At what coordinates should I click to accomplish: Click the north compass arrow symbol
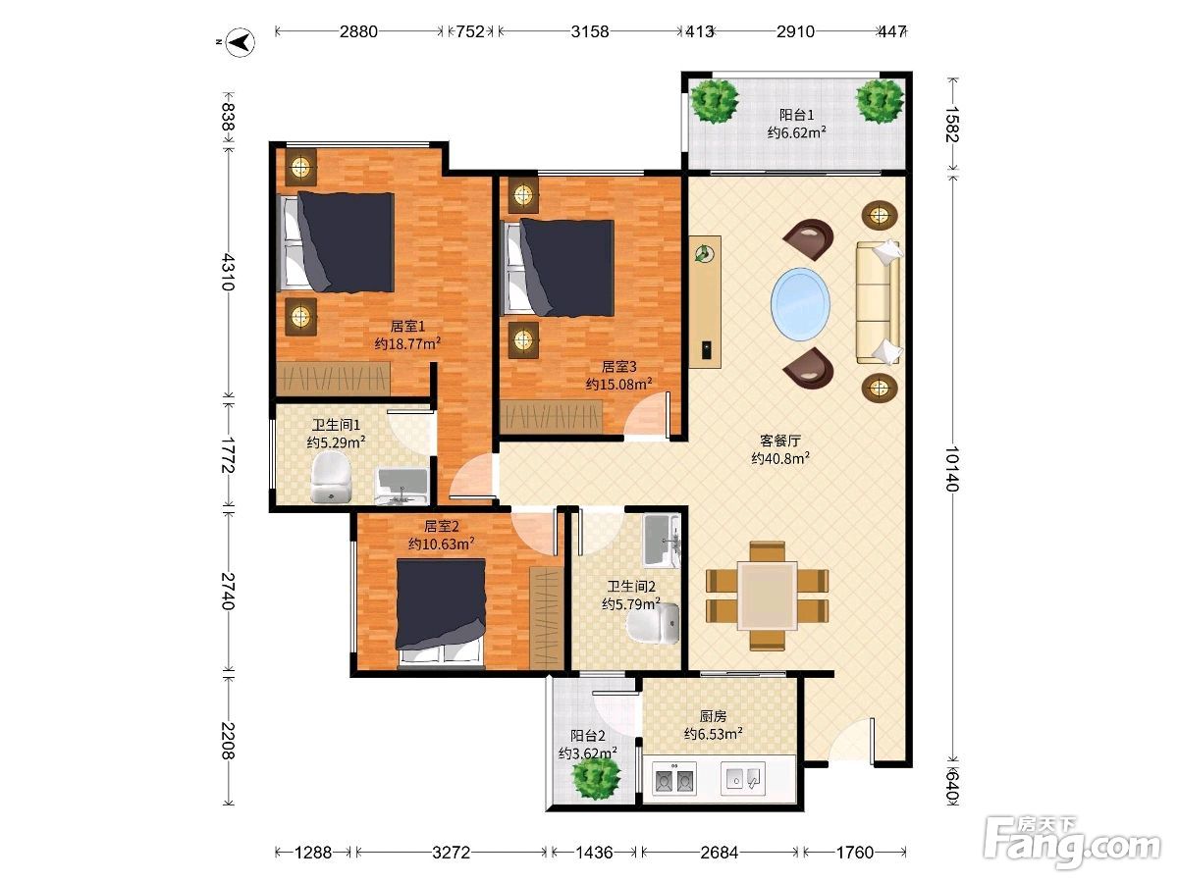click(x=240, y=42)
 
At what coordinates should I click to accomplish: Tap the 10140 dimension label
click(x=951, y=469)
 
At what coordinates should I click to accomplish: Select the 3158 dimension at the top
click(x=589, y=31)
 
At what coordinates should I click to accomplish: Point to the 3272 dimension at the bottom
click(x=451, y=852)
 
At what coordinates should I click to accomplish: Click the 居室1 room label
click(x=407, y=326)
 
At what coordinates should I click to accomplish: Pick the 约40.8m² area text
click(x=780, y=458)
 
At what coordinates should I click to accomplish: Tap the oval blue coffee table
click(x=800, y=303)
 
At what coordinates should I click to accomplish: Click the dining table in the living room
click(x=767, y=596)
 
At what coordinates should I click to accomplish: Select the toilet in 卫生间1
click(x=331, y=478)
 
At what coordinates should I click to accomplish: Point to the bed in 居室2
click(x=441, y=613)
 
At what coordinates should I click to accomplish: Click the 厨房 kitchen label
click(x=713, y=716)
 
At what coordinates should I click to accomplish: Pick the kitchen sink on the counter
click(x=743, y=777)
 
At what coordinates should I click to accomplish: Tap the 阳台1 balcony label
click(x=796, y=115)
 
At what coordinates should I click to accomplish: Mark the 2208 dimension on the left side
click(x=229, y=741)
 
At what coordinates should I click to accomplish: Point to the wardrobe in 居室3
click(x=551, y=416)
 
